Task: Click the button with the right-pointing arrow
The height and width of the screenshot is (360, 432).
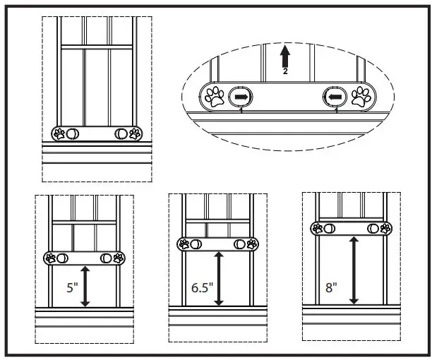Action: coord(241,97)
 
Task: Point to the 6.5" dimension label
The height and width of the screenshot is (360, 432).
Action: coord(201,288)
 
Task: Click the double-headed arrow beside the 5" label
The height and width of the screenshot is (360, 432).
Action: coord(85,286)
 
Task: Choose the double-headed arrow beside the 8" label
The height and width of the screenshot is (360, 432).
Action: coord(353,270)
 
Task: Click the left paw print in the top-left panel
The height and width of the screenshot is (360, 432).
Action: coord(61,133)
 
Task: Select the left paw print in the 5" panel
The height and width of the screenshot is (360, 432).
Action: coord(52,258)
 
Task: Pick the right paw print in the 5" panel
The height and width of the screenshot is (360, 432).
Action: coord(119,258)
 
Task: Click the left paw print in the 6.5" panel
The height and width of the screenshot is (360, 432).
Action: coord(185,244)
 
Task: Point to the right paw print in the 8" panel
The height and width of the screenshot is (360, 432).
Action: coord(385,227)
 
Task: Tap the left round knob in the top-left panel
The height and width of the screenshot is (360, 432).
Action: coord(73,133)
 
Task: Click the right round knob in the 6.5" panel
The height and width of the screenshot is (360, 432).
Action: coord(242,244)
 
